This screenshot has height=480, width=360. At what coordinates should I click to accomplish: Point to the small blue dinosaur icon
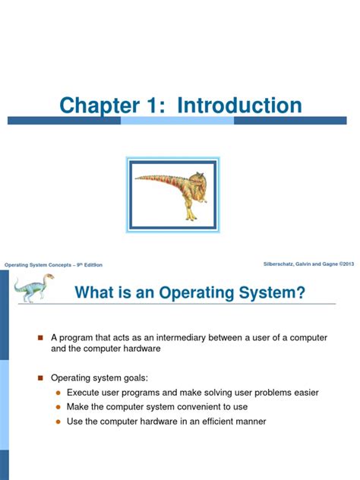click(32, 287)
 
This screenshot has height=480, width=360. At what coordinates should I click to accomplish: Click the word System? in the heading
click(270, 292)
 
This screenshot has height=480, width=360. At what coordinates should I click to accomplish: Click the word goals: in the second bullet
click(137, 377)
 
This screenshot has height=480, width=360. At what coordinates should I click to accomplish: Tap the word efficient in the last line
click(219, 422)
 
